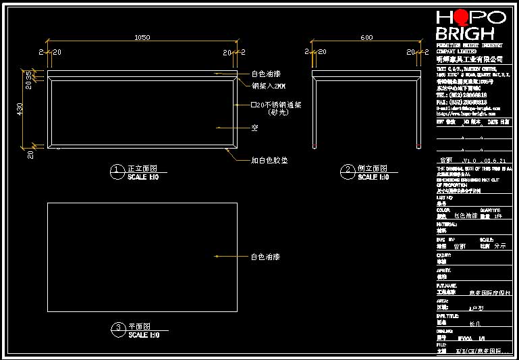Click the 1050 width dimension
[x=142, y=38]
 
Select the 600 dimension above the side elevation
[x=366, y=38]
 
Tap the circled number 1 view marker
[x=117, y=169]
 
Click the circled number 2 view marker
[x=348, y=169]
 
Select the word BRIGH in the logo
[x=465, y=34]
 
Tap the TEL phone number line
[x=462, y=95]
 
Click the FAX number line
[x=462, y=102]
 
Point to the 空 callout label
[x=254, y=127]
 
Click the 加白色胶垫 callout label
[x=269, y=160]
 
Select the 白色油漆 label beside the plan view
[x=265, y=257]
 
